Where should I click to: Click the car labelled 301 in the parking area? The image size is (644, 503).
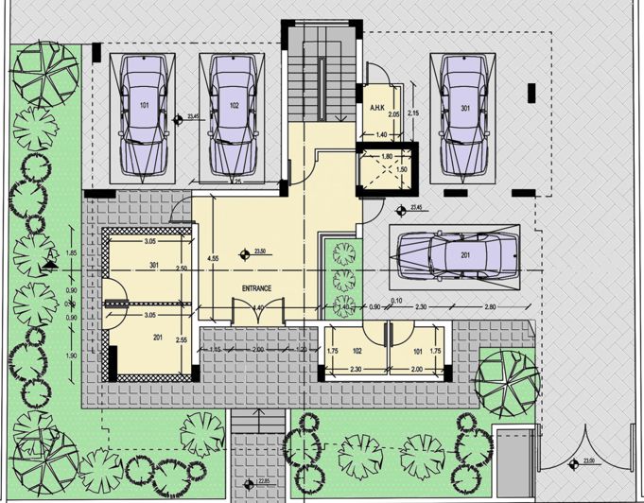pyautogui.click(x=465, y=113)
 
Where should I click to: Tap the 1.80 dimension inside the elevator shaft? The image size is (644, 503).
pyautogui.click(x=386, y=156)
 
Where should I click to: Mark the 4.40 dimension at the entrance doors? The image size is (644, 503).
pyautogui.click(x=258, y=308)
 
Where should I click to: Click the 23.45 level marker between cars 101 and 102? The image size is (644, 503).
pyautogui.click(x=194, y=118)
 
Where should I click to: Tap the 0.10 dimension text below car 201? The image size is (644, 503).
pyautogui.click(x=397, y=301)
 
